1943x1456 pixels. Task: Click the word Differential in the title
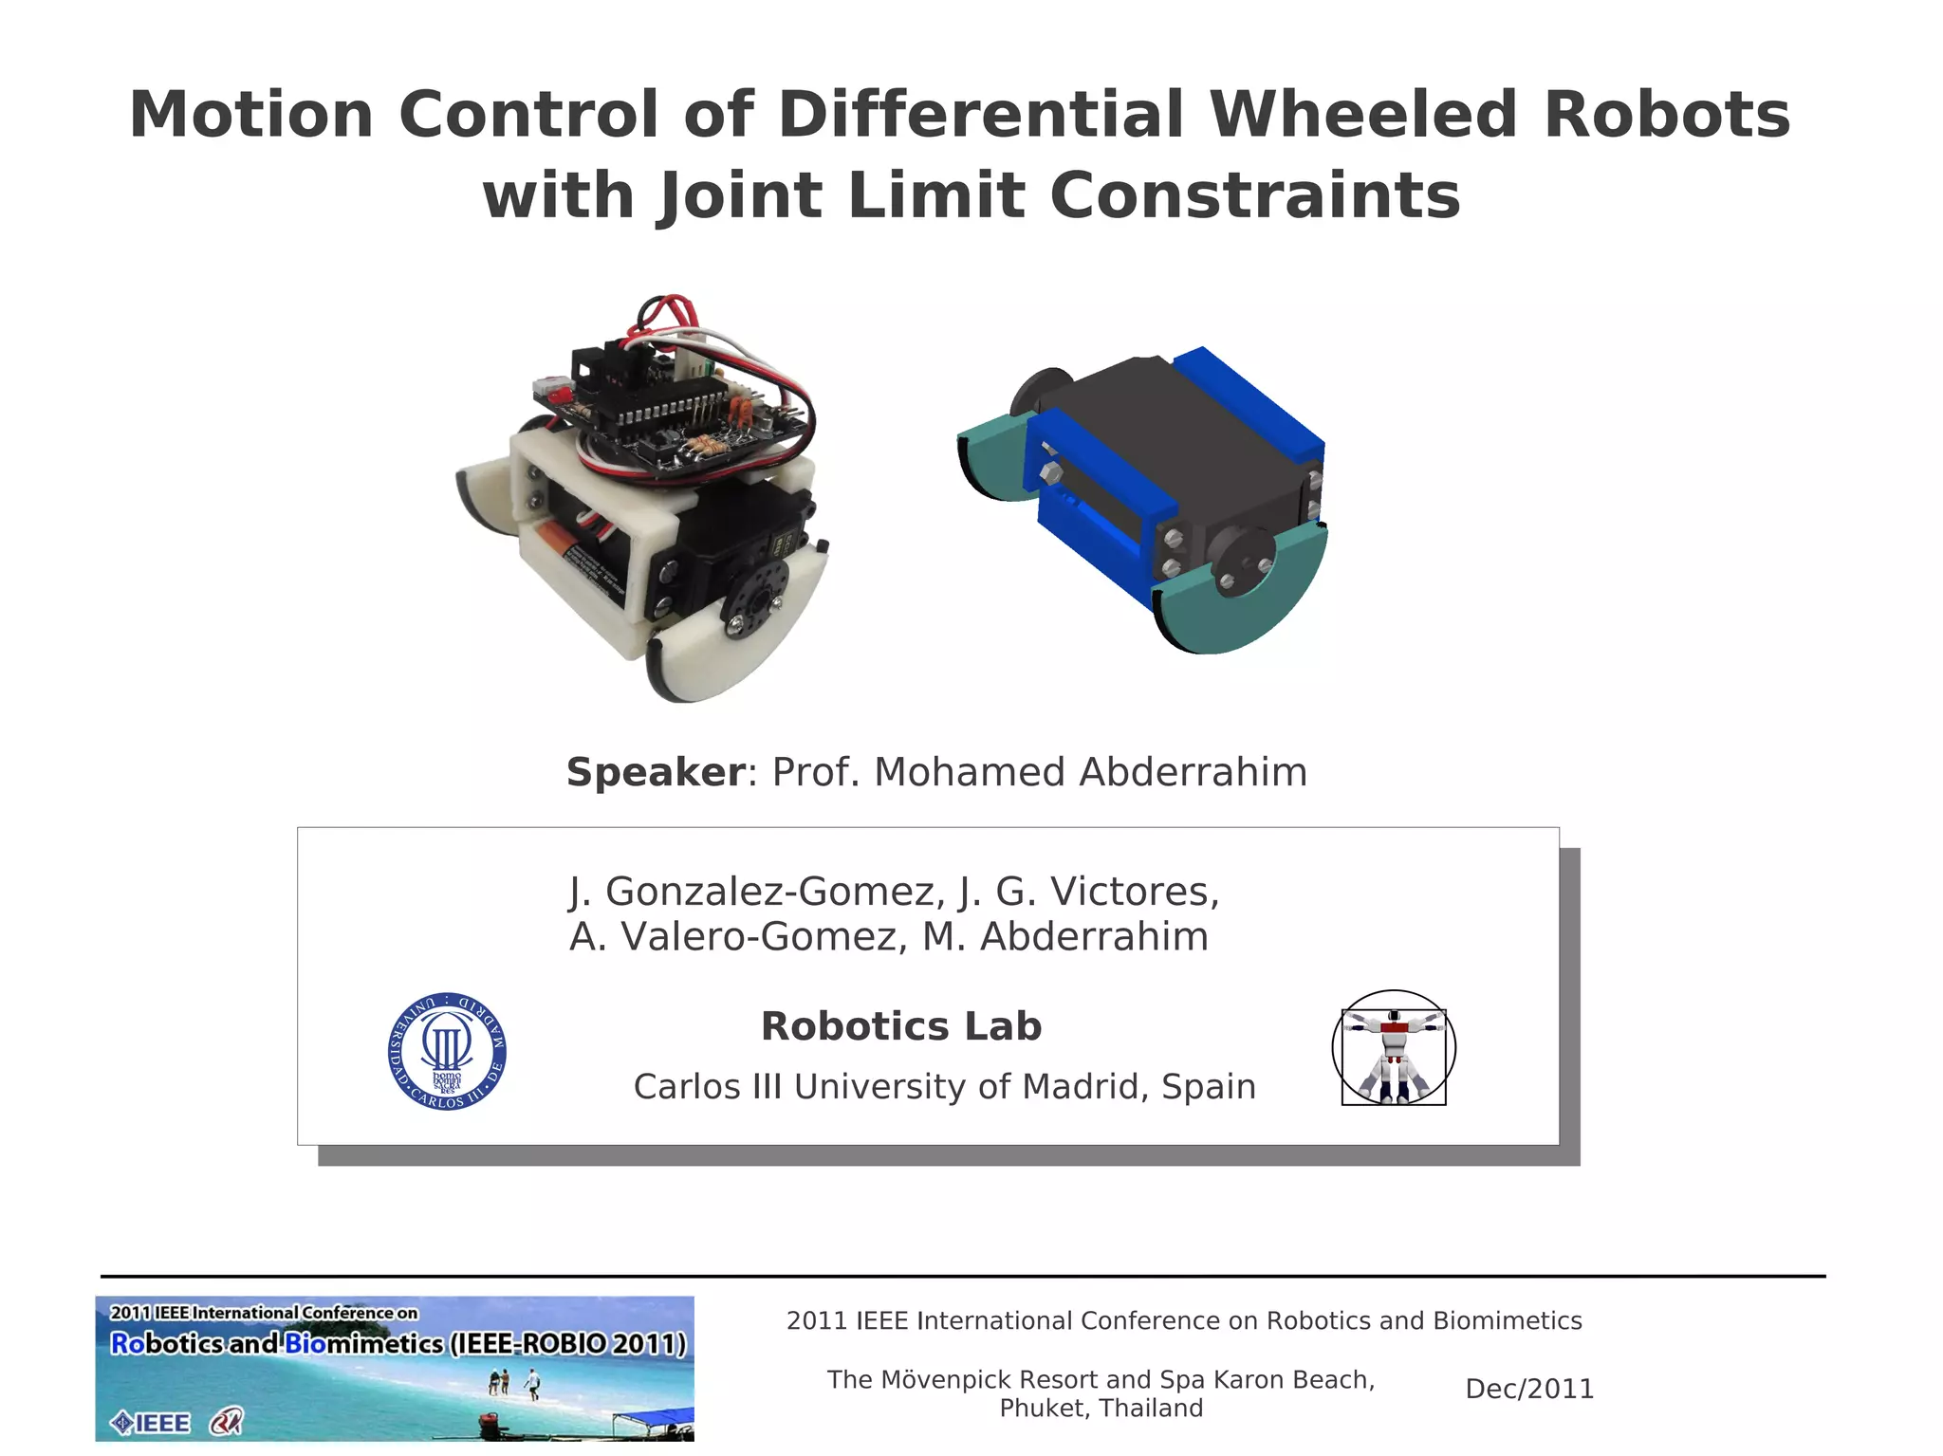pyautogui.click(x=981, y=115)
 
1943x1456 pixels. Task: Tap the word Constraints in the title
pyautogui.click(x=1254, y=196)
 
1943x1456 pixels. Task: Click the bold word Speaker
pyautogui.click(x=656, y=772)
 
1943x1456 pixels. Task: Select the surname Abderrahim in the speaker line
pyautogui.click(x=1193, y=772)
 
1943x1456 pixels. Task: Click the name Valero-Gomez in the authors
pyautogui.click(x=759, y=937)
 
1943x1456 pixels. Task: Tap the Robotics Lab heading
pyautogui.click(x=901, y=1026)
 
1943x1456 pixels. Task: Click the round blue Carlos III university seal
pyautogui.click(x=447, y=1052)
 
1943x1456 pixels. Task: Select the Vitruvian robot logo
pyautogui.click(x=1394, y=1048)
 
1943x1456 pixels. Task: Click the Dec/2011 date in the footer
pyautogui.click(x=1529, y=1389)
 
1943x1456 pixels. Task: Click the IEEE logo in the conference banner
pyautogui.click(x=151, y=1423)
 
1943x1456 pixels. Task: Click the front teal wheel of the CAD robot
pyautogui.click(x=1243, y=598)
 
